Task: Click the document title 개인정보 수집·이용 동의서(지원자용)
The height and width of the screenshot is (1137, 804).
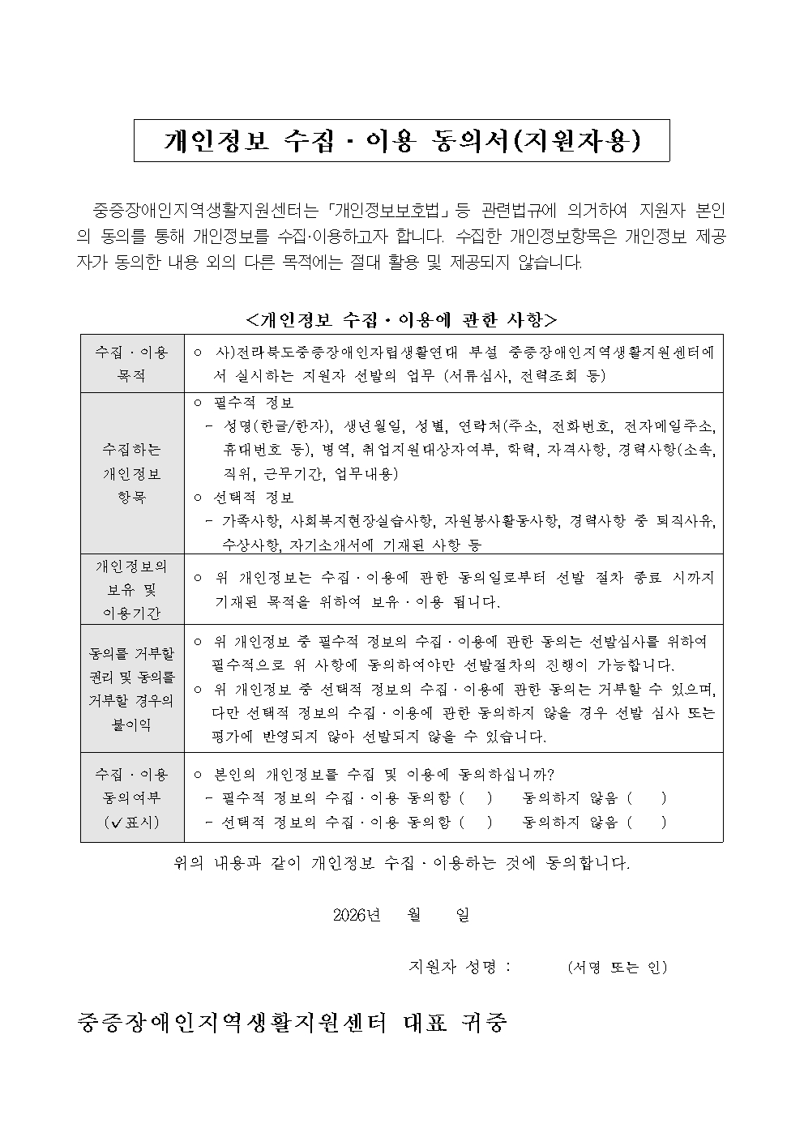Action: coord(402,141)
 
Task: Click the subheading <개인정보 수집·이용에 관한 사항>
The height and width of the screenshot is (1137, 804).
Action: coord(402,319)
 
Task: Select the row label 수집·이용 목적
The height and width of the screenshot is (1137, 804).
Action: coord(132,364)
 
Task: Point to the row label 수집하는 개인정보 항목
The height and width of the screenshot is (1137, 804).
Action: coord(132,473)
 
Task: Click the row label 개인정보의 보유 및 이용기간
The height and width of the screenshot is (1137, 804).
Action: coord(132,589)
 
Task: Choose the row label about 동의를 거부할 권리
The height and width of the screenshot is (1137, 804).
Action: coord(132,688)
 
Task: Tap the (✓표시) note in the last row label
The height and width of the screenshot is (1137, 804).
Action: coord(132,822)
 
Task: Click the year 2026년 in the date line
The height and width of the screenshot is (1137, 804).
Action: coord(357,915)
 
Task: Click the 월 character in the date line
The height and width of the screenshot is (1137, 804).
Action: coord(415,915)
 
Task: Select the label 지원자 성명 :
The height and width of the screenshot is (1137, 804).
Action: coord(460,967)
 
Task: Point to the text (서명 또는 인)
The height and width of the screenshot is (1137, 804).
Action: coord(617,967)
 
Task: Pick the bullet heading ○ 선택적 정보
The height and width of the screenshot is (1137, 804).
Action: coord(244,497)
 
